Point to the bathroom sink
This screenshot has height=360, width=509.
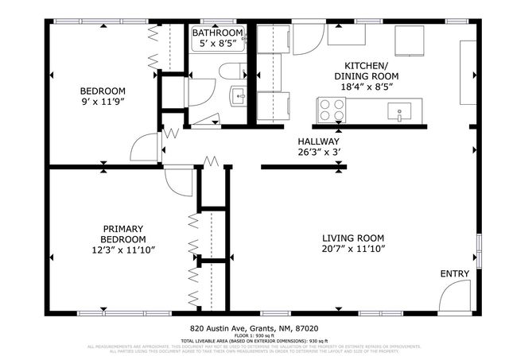(238, 98)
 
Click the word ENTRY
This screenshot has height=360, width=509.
(454, 274)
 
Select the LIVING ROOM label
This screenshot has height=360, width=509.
(353, 238)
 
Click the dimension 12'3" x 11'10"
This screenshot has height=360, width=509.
(122, 250)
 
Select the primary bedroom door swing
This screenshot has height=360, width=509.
(173, 181)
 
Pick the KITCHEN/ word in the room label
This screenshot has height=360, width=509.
(366, 65)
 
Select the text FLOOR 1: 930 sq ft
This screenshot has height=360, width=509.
(254, 335)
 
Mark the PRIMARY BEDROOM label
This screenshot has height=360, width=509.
(122, 233)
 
